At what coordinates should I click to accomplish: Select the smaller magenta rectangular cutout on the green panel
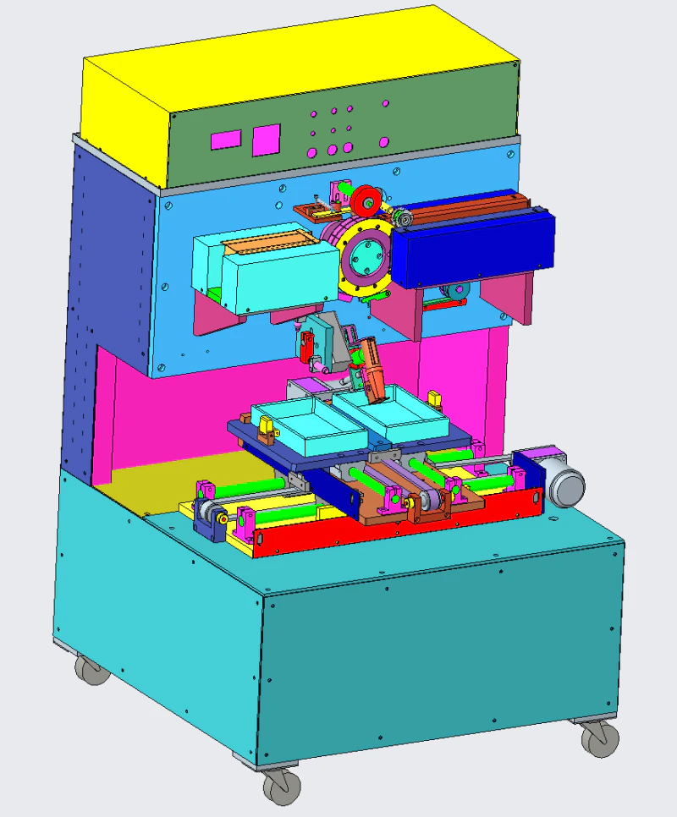(x=226, y=140)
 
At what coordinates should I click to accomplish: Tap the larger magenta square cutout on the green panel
(x=266, y=139)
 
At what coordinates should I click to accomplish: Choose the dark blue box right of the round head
(x=470, y=249)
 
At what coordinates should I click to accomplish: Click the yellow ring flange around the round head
(x=349, y=279)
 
